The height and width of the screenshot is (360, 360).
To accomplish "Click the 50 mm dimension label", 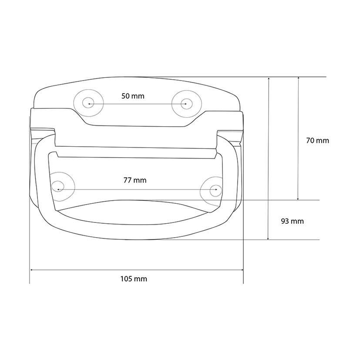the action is point(133,96).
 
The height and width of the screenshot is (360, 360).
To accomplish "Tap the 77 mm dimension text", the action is point(135,180).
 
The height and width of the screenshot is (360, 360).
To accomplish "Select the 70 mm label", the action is point(317,141).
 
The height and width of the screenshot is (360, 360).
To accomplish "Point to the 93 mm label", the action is point(292,221).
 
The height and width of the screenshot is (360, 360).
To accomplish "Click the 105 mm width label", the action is point(134,279).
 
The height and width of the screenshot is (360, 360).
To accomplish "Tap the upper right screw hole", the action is point(187,104).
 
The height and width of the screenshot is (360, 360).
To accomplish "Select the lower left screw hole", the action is point(57,186).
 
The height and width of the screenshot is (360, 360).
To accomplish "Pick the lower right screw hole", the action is point(216,190).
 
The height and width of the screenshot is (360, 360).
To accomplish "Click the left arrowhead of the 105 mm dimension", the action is point(32,270).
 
